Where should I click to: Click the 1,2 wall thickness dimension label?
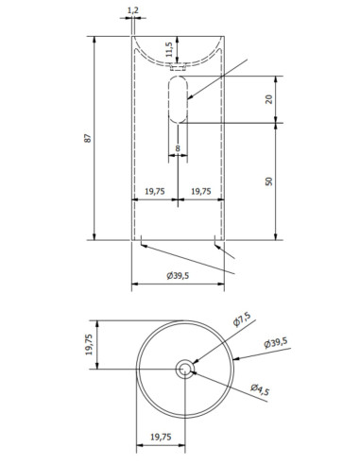(x=132, y=10)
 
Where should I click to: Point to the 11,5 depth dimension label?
(x=169, y=49)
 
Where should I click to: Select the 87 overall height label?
(x=88, y=138)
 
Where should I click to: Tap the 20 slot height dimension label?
(x=268, y=99)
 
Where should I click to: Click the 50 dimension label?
(x=268, y=181)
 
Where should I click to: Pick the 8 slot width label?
(x=178, y=148)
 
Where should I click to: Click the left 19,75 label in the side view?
(x=154, y=191)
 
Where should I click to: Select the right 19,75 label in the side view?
(x=201, y=191)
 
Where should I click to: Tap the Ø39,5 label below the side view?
(x=178, y=276)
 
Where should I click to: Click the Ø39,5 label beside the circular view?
(x=276, y=342)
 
